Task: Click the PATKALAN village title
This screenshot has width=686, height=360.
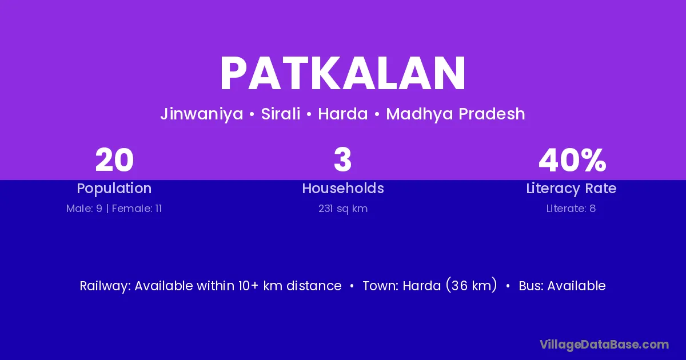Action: [x=343, y=74]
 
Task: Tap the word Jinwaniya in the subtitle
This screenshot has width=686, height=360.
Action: [x=202, y=114]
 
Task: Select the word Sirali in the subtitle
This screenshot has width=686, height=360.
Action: [x=281, y=114]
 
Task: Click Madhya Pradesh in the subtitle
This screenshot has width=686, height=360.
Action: [x=456, y=114]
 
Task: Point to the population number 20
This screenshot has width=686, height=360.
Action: [x=114, y=160]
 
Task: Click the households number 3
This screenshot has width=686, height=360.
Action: [x=342, y=160]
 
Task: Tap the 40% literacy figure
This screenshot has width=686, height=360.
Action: [x=572, y=160]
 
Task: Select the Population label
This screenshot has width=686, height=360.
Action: [x=114, y=189]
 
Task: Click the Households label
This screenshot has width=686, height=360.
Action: [x=343, y=188]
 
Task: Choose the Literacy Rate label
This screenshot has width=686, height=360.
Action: [x=571, y=189]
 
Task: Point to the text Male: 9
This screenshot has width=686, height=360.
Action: [x=84, y=209]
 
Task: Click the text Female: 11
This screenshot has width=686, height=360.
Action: [x=137, y=209]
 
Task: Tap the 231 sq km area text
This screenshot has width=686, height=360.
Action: [x=343, y=209]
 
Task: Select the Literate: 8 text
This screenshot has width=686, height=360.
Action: [x=571, y=209]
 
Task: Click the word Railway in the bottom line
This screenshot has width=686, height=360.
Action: [x=105, y=286]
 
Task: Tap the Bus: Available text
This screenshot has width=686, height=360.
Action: [x=562, y=286]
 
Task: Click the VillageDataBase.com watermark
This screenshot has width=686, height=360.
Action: [x=604, y=345]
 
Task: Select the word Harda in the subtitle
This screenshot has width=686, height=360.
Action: [x=342, y=114]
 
